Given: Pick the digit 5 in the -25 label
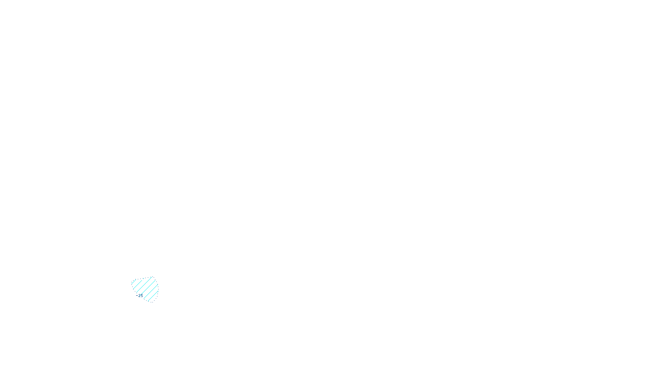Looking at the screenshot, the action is click(142, 295).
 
